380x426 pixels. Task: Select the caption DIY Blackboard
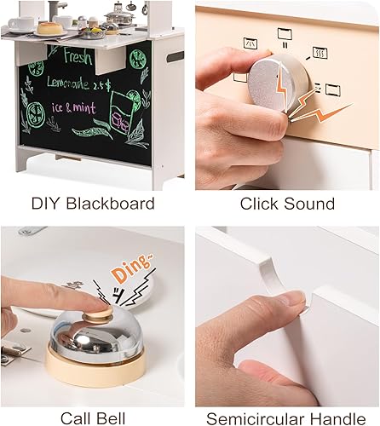pos(92,204)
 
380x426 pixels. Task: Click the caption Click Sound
pos(285,204)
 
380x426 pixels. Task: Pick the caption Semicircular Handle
pos(285,417)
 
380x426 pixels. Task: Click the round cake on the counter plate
pos(50,27)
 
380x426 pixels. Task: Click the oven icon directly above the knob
pos(283,35)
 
